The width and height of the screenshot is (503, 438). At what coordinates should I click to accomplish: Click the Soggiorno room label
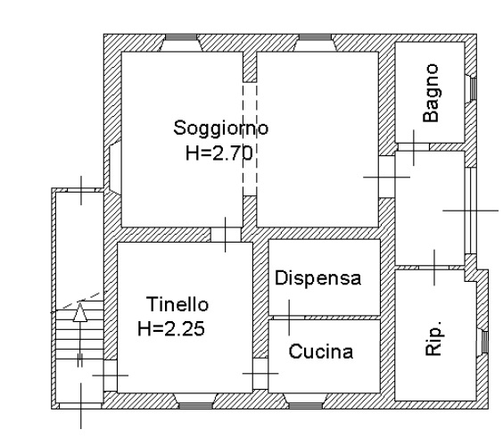coord(220,129)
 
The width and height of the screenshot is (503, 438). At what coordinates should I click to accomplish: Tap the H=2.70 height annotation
coord(219,153)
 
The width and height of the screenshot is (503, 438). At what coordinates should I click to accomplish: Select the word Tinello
coord(177,304)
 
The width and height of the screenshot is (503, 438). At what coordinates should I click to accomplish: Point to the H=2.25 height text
coord(171,328)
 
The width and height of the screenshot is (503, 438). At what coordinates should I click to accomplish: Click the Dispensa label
coord(317,278)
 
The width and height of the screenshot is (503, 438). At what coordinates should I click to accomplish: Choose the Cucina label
coord(321,351)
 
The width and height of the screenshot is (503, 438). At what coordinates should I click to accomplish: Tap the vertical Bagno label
coord(431,93)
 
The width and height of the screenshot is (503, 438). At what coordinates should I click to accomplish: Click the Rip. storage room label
coord(433,338)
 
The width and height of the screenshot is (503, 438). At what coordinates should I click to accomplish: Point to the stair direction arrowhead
coord(80,312)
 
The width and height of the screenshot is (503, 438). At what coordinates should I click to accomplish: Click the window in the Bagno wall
coord(474,88)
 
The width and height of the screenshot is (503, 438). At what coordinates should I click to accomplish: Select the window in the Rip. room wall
coord(484,342)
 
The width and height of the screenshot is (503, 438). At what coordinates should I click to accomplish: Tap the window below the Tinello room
coord(195,405)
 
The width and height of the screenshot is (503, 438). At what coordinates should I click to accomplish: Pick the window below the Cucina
coord(306,405)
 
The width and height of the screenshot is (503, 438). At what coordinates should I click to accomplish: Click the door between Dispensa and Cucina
coord(289,318)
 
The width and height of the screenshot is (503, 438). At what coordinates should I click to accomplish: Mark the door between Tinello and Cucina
coord(260,374)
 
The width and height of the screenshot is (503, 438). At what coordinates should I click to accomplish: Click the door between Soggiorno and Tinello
coord(226,235)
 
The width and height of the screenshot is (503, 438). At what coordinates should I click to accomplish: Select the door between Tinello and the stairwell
coord(111,376)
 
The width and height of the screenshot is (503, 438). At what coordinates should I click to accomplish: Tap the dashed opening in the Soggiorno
coord(250,139)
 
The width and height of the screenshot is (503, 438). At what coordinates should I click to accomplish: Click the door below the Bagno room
coord(414,147)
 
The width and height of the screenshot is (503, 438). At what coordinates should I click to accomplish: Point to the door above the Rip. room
coord(434,268)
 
